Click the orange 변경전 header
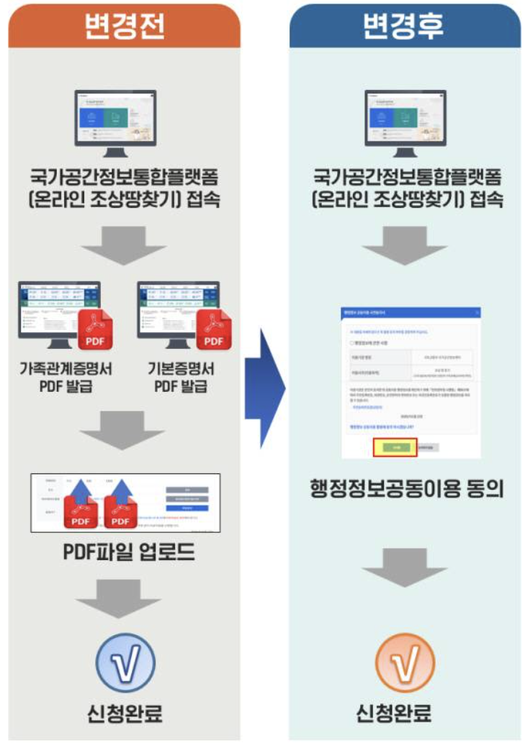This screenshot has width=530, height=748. click(x=125, y=27)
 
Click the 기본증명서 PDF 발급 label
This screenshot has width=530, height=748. click(x=180, y=377)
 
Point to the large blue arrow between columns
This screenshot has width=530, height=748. click(x=265, y=388)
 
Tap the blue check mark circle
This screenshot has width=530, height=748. click(x=125, y=664)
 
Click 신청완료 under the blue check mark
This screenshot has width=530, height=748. click(x=125, y=713)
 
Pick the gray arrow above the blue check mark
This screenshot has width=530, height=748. click(x=125, y=599)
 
